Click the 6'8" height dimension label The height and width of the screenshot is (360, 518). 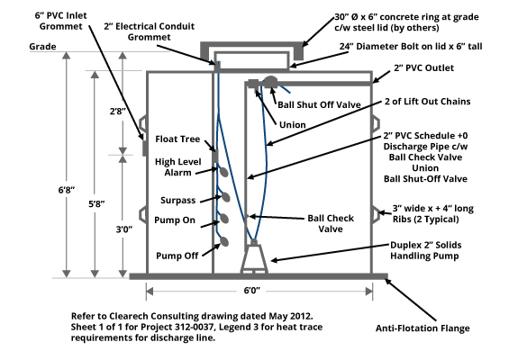click(67, 190)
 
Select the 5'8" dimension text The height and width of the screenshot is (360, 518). click(96, 204)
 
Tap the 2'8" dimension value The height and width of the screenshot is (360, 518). click(118, 112)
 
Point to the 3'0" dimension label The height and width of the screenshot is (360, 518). click(124, 229)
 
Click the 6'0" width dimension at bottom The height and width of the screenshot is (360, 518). click(251, 291)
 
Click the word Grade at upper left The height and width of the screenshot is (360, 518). click(42, 47)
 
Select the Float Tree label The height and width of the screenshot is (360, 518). click(177, 139)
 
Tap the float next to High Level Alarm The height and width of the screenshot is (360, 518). click(223, 172)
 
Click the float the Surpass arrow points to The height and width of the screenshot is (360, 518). click(225, 197)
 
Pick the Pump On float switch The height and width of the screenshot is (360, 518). click(224, 219)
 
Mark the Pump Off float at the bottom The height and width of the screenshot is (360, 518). click(224, 241)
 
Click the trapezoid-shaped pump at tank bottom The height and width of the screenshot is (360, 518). click(254, 258)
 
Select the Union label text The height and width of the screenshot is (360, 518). click(293, 125)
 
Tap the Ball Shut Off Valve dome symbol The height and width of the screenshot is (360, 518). click(271, 81)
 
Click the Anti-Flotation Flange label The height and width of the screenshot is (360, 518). click(423, 328)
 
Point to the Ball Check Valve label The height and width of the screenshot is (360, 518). click(331, 223)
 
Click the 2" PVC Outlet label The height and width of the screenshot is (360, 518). click(423, 68)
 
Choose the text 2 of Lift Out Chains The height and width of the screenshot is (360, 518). click(428, 102)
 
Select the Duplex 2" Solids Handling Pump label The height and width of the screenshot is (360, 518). click(425, 250)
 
